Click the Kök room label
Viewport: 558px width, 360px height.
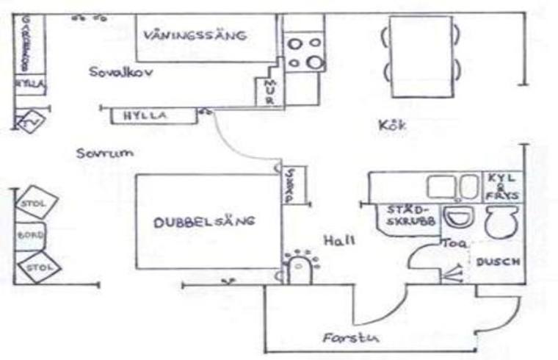pos(393,126)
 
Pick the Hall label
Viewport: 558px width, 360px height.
pos(339,240)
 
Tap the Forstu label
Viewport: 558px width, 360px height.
pos(345,339)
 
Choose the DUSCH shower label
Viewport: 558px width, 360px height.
pos(498,262)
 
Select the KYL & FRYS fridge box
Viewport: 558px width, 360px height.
pos(503,187)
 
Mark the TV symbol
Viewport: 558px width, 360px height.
pos(29,121)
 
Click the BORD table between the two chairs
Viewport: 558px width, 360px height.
pos(30,237)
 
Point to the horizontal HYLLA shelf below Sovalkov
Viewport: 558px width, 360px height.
pos(145,115)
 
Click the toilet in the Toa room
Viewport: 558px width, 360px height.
pos(502,220)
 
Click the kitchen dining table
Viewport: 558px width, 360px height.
pos(421,56)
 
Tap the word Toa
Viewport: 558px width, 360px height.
pos(449,242)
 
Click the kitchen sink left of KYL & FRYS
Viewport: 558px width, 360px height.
pos(443,187)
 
